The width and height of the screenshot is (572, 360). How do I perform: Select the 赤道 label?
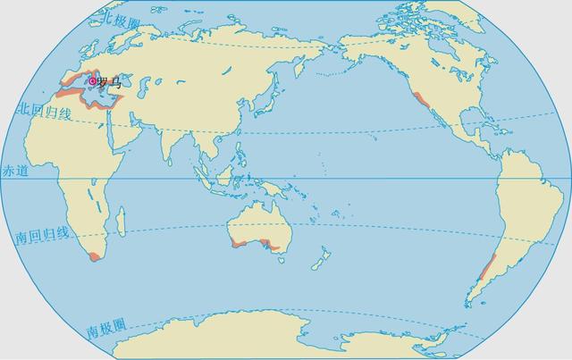click(15, 170)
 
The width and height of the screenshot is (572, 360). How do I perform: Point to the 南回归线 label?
click(41, 236)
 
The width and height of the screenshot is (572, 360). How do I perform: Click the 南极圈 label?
click(105, 331)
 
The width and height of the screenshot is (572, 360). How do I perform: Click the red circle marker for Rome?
click(92, 81)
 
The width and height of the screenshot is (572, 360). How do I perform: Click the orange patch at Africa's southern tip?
click(93, 255)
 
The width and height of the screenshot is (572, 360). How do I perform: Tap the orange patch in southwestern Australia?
click(237, 241)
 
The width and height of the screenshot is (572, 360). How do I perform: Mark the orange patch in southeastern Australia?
click(274, 247)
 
